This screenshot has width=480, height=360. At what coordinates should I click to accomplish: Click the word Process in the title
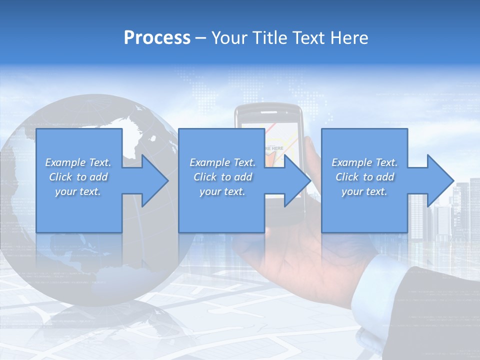point(157,38)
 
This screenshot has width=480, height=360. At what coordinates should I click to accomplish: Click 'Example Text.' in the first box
point(78,162)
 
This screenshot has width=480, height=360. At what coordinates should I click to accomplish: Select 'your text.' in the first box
point(78,191)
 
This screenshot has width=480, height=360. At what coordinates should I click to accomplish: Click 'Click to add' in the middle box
point(222,177)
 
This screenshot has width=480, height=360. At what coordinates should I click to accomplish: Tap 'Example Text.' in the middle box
point(222,162)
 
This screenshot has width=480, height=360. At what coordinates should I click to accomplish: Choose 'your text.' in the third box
point(364,191)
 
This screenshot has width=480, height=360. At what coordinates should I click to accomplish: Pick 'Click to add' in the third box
point(364,177)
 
